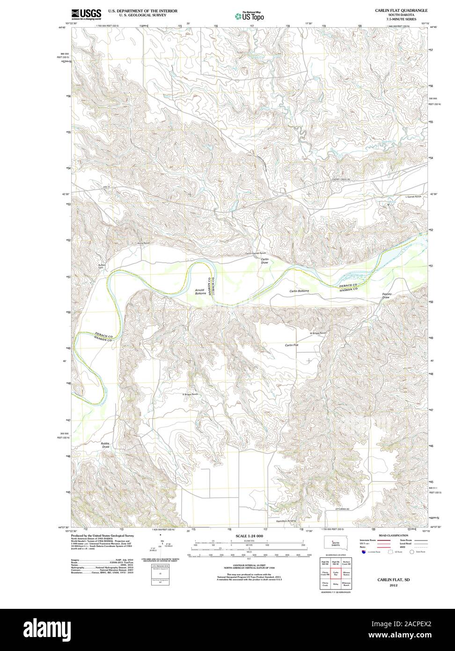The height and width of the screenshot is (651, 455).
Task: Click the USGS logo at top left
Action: (87, 14)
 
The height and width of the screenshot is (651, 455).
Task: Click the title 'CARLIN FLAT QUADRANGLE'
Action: (401, 10)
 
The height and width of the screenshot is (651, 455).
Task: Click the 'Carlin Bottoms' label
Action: (299, 291)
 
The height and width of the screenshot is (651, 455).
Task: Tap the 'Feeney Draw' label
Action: (386, 296)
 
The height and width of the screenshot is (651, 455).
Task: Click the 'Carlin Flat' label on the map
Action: (292, 345)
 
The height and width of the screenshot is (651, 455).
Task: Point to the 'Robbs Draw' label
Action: (105, 445)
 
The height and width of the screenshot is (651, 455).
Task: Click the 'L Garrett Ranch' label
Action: (413, 197)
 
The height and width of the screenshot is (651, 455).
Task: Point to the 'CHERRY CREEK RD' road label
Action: (341, 179)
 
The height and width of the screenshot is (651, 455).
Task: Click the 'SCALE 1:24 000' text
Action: (246, 535)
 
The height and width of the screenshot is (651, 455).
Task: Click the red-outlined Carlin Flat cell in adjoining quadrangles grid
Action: (335, 572)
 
